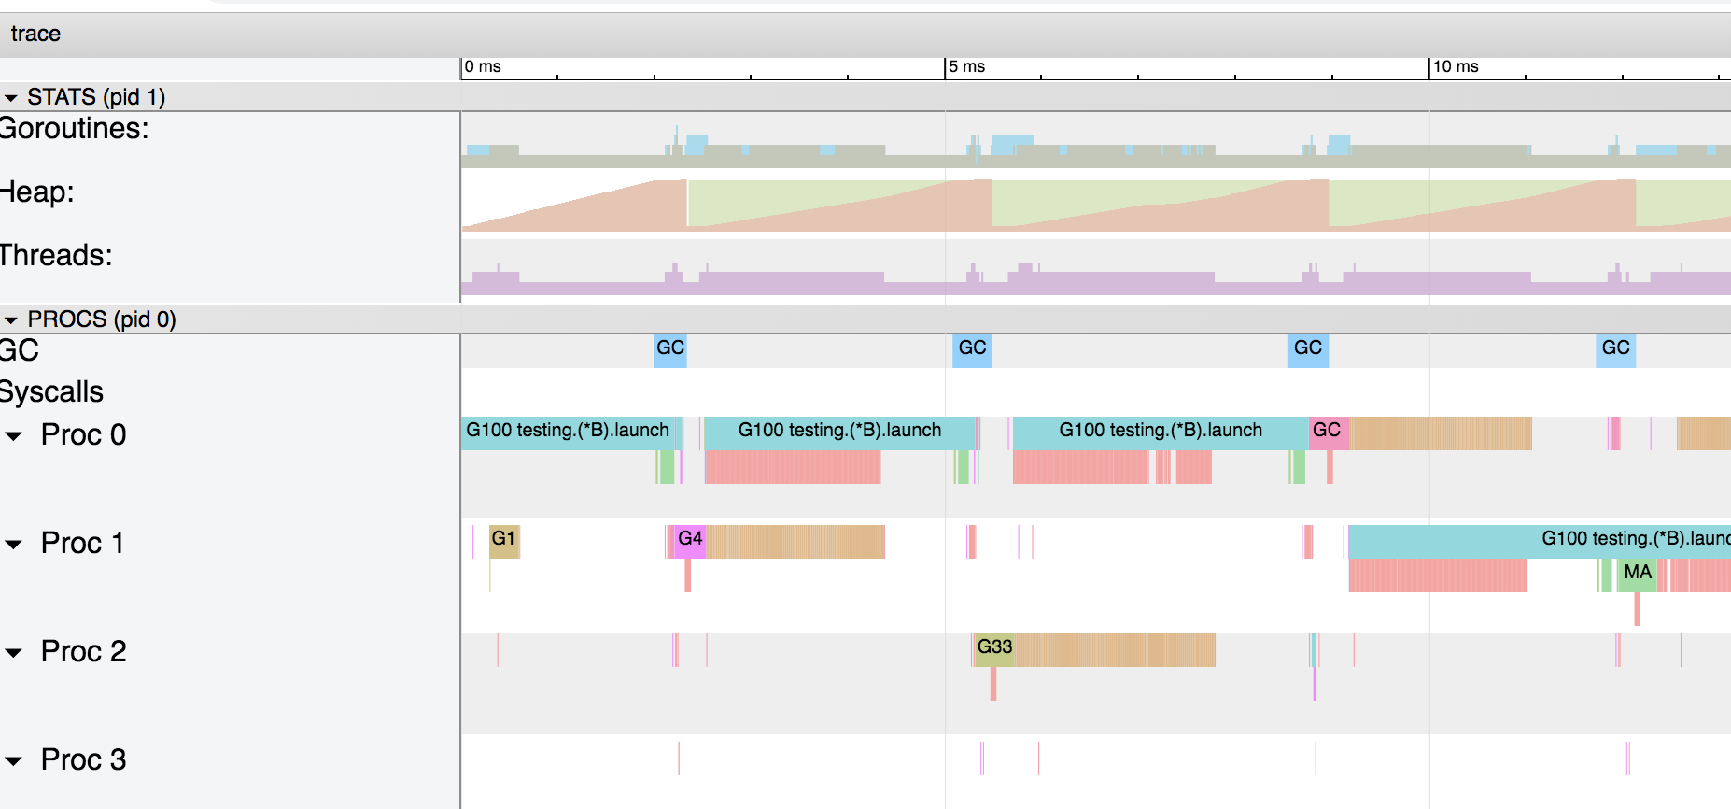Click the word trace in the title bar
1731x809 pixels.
pyautogui.click(x=35, y=34)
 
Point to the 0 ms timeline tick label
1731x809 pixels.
pyautogui.click(x=483, y=66)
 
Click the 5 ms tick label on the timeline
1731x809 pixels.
pyautogui.click(x=967, y=66)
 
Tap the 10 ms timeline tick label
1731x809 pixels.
pyautogui.click(x=1456, y=66)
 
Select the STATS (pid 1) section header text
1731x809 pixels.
pyautogui.click(x=96, y=97)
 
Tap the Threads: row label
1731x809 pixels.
pyautogui.click(x=56, y=255)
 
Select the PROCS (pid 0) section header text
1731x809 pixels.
pyautogui.click(x=102, y=319)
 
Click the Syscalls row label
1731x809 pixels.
pyautogui.click(x=52, y=392)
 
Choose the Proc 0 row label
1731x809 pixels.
pyautogui.click(x=83, y=434)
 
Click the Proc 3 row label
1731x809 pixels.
pyautogui.click(x=83, y=759)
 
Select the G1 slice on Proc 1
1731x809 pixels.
pyautogui.click(x=504, y=539)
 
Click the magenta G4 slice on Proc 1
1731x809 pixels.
pyautogui.click(x=691, y=539)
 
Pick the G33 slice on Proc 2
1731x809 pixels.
pyautogui.click(x=994, y=647)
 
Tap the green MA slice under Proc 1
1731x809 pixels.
pyautogui.click(x=1638, y=573)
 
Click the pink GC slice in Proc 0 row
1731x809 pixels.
pyautogui.click(x=1327, y=431)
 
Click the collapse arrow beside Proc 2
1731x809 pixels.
pyautogui.click(x=13, y=653)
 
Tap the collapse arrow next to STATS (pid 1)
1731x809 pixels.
pyautogui.click(x=11, y=98)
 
